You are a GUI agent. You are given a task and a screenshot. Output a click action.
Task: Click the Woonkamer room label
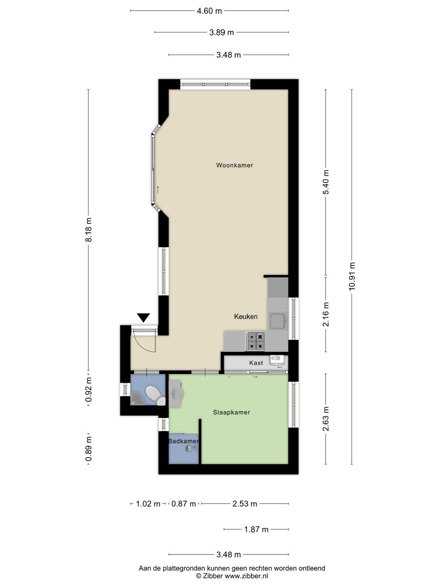234,165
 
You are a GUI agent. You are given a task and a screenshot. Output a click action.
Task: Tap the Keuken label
246,317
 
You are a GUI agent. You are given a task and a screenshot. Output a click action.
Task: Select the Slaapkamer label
231,412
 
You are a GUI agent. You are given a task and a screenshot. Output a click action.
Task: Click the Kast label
256,363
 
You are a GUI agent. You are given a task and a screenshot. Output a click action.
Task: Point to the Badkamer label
184,441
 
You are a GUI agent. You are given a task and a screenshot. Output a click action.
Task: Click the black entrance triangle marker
144,318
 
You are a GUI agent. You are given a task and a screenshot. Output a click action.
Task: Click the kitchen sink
278,320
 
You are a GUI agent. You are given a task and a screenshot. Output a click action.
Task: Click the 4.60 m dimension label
209,11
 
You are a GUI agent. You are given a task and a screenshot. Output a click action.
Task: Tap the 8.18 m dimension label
88,230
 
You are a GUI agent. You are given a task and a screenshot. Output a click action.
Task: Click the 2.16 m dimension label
326,314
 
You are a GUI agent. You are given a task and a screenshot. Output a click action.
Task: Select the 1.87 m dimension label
256,529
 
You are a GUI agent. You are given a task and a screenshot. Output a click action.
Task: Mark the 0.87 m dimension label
184,504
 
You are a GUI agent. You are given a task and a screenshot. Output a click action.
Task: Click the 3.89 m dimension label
221,33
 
